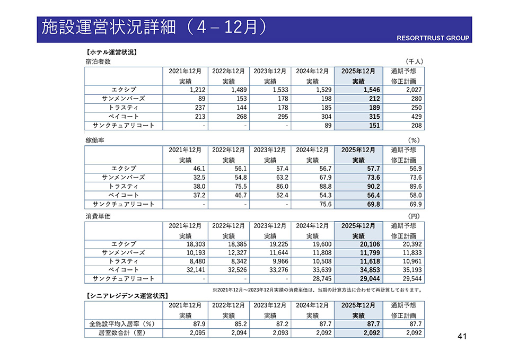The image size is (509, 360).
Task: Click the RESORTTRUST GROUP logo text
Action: [x=433, y=38]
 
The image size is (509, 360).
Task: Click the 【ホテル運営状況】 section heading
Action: [x=111, y=52]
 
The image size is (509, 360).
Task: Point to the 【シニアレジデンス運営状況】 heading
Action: [x=127, y=295]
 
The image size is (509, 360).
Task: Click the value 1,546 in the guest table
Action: [x=368, y=90]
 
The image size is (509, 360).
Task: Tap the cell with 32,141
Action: [x=187, y=270]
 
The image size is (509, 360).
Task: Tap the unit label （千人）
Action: [x=413, y=62]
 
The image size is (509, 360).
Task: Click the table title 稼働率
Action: [x=95, y=141]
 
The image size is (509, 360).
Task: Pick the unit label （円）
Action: [x=414, y=216]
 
